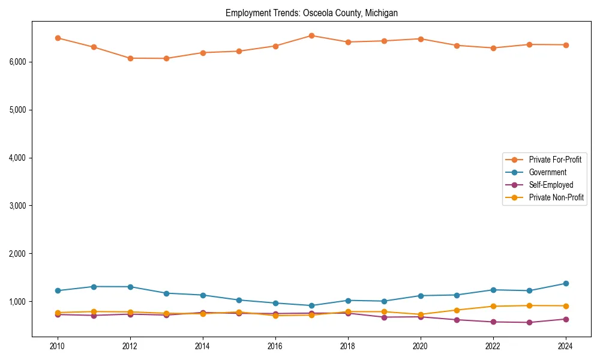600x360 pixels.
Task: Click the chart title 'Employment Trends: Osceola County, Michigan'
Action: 311,13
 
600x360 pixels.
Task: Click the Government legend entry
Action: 547,172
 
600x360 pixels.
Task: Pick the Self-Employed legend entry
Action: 551,185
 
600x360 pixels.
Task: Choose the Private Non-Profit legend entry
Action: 556,197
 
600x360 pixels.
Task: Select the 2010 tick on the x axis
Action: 58,346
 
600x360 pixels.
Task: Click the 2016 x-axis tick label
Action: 275,346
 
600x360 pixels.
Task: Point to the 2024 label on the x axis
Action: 565,346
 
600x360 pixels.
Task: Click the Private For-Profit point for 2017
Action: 311,35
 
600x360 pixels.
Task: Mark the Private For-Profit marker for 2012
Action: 130,58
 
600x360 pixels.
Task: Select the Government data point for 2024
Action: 565,283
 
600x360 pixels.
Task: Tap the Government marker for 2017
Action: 311,305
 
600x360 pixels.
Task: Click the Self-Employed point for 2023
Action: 529,322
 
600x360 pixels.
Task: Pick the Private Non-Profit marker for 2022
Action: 493,306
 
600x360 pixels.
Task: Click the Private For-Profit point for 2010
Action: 58,38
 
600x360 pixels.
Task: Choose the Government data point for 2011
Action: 94,287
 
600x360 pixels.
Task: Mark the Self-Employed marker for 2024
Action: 565,319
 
